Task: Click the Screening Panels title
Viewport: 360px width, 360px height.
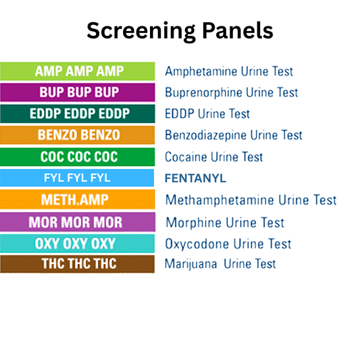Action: point(180,30)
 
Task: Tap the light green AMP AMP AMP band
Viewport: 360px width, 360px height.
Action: point(78,71)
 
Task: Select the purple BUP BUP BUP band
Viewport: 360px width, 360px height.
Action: point(78,93)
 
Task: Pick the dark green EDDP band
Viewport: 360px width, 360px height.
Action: point(78,113)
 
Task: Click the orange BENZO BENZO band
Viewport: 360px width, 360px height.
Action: point(78,135)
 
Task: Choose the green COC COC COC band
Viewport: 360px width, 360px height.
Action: point(78,157)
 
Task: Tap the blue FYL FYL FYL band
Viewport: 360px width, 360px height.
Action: point(78,178)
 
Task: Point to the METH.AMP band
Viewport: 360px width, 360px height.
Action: point(78,200)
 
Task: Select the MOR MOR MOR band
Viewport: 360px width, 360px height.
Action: point(78,222)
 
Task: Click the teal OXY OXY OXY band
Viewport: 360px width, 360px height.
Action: point(78,243)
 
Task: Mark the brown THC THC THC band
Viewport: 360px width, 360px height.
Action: point(78,264)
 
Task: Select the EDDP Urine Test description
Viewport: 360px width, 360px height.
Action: point(207,113)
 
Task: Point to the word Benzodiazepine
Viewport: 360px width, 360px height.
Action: point(205,135)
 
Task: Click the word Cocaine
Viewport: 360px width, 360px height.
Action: point(186,157)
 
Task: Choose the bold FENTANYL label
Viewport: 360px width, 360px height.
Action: point(196,178)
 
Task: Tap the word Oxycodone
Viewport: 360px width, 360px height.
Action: point(193,243)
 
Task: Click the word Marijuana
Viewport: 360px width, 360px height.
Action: point(191,264)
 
